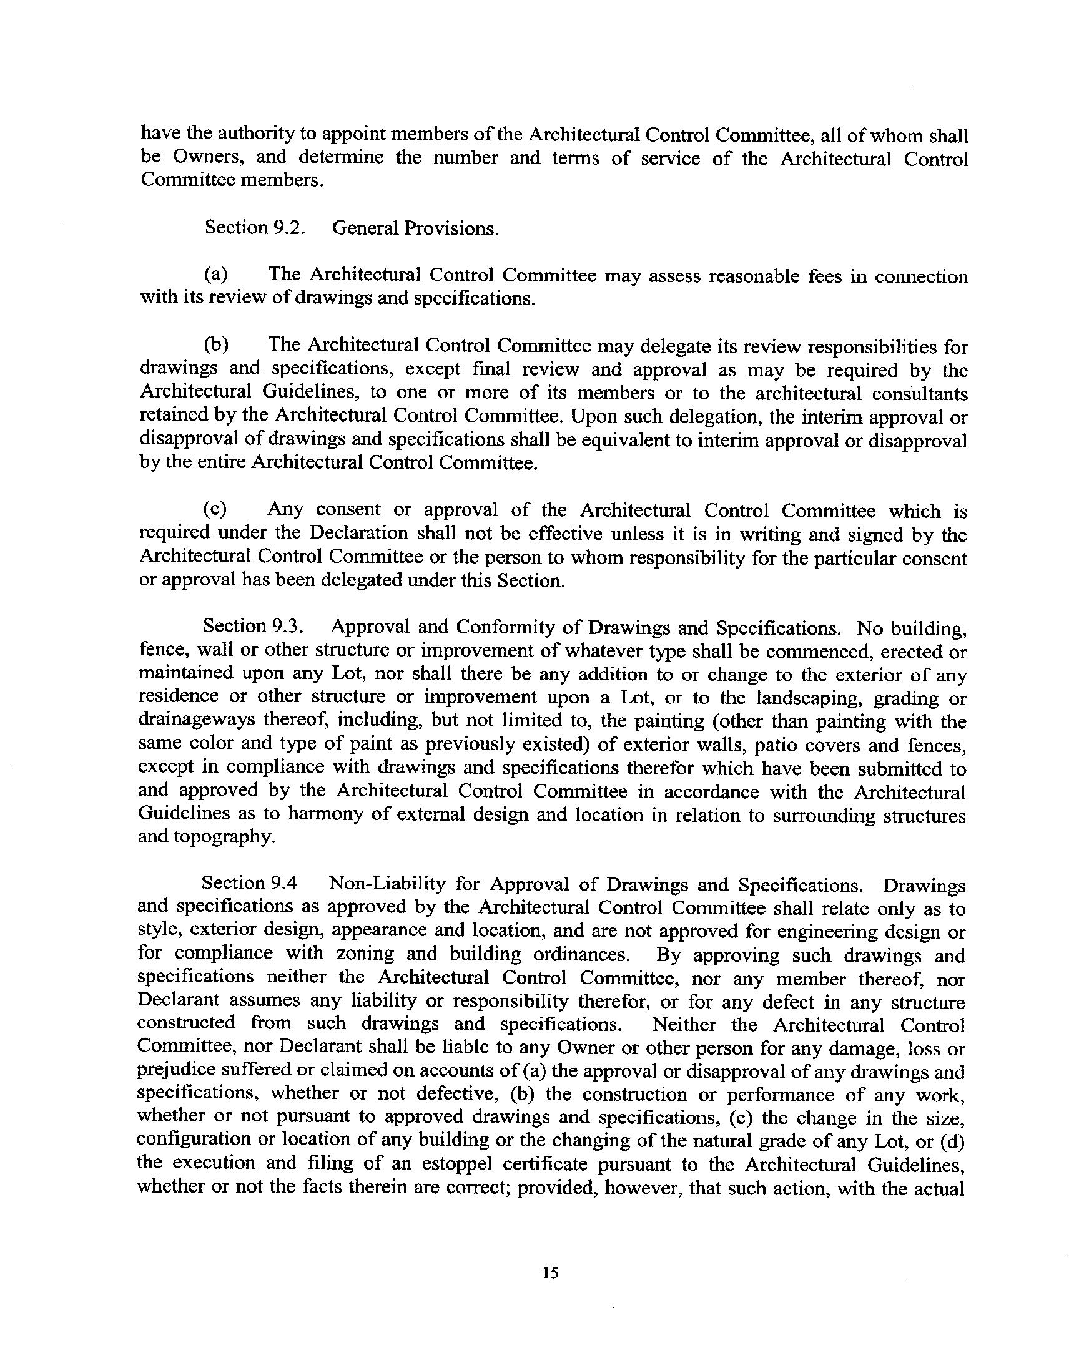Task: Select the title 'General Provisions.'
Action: [x=415, y=228]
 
